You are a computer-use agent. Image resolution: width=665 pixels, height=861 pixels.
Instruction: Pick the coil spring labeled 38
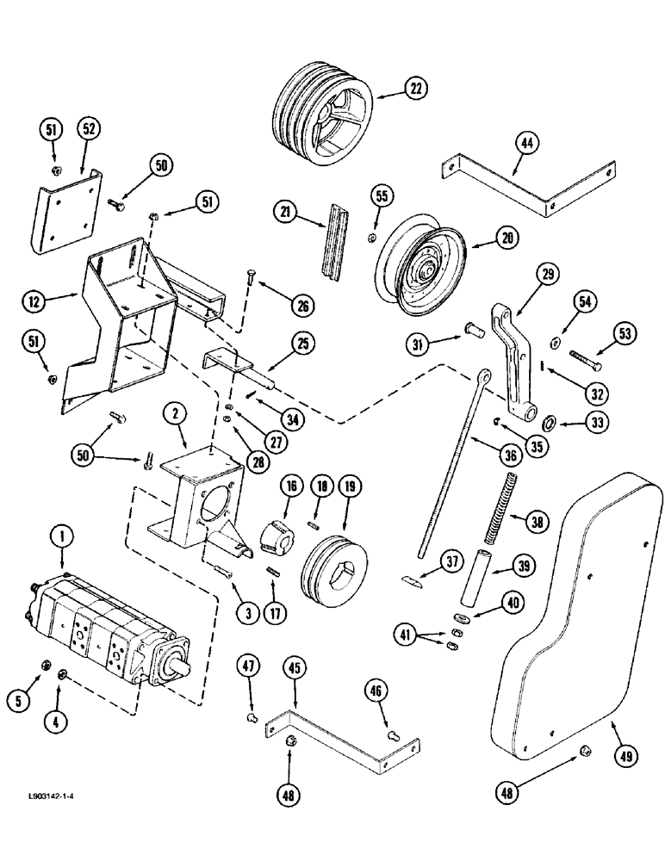pyautogui.click(x=500, y=508)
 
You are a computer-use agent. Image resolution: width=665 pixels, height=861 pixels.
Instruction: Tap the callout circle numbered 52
pyautogui.click(x=90, y=129)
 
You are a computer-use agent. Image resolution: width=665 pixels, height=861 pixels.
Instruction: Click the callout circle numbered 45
pyautogui.click(x=295, y=669)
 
